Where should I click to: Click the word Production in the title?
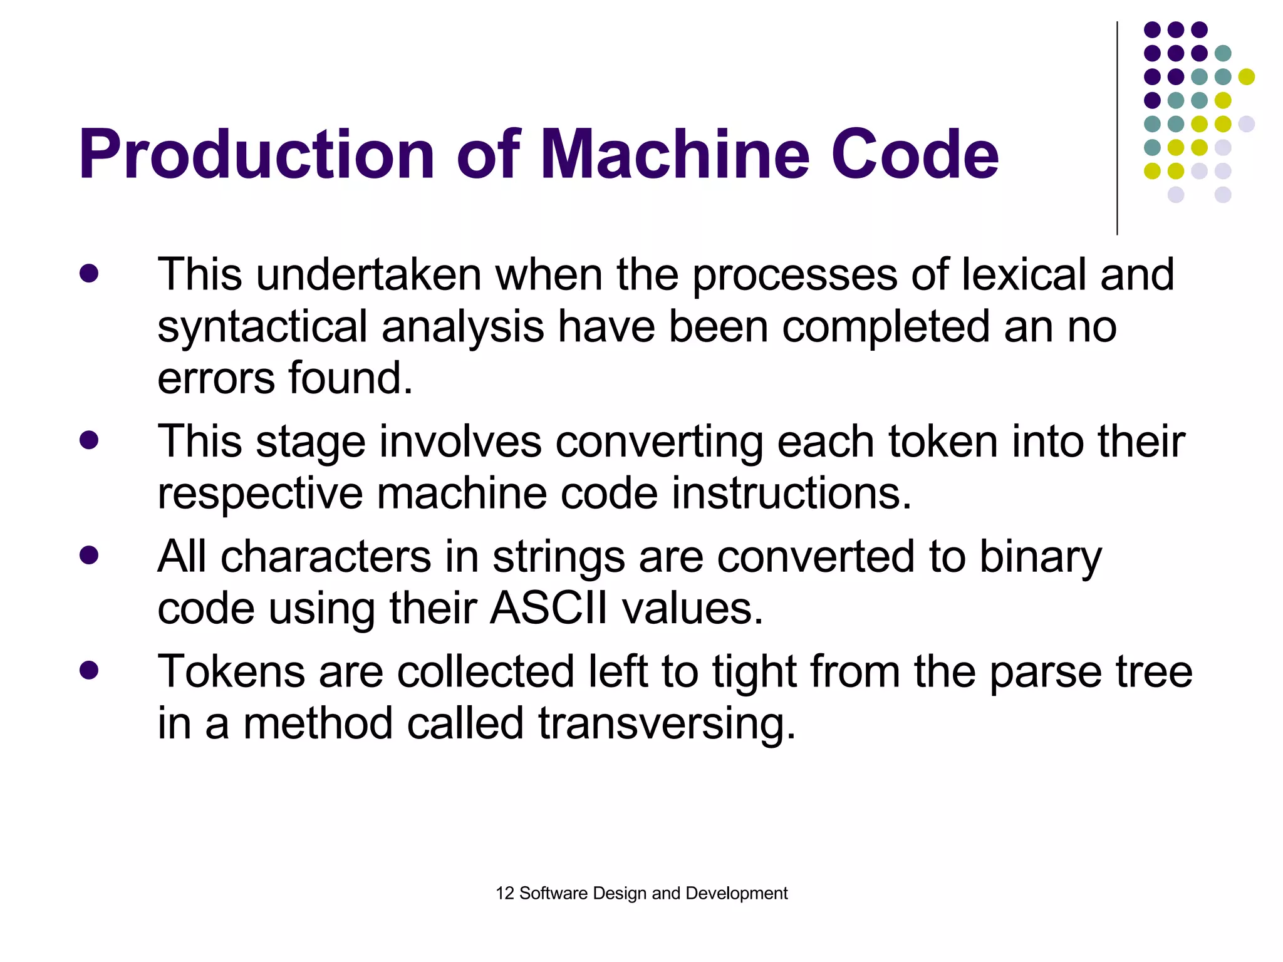pos(257,155)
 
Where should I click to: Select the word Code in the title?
pos(914,155)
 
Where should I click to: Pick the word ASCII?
pos(549,609)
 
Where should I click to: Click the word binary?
pos(1041,557)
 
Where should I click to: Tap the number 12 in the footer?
pos(504,893)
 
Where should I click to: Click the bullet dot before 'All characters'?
pos(89,556)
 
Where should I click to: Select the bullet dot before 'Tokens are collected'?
pos(89,670)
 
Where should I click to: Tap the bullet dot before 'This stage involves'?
pos(89,440)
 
